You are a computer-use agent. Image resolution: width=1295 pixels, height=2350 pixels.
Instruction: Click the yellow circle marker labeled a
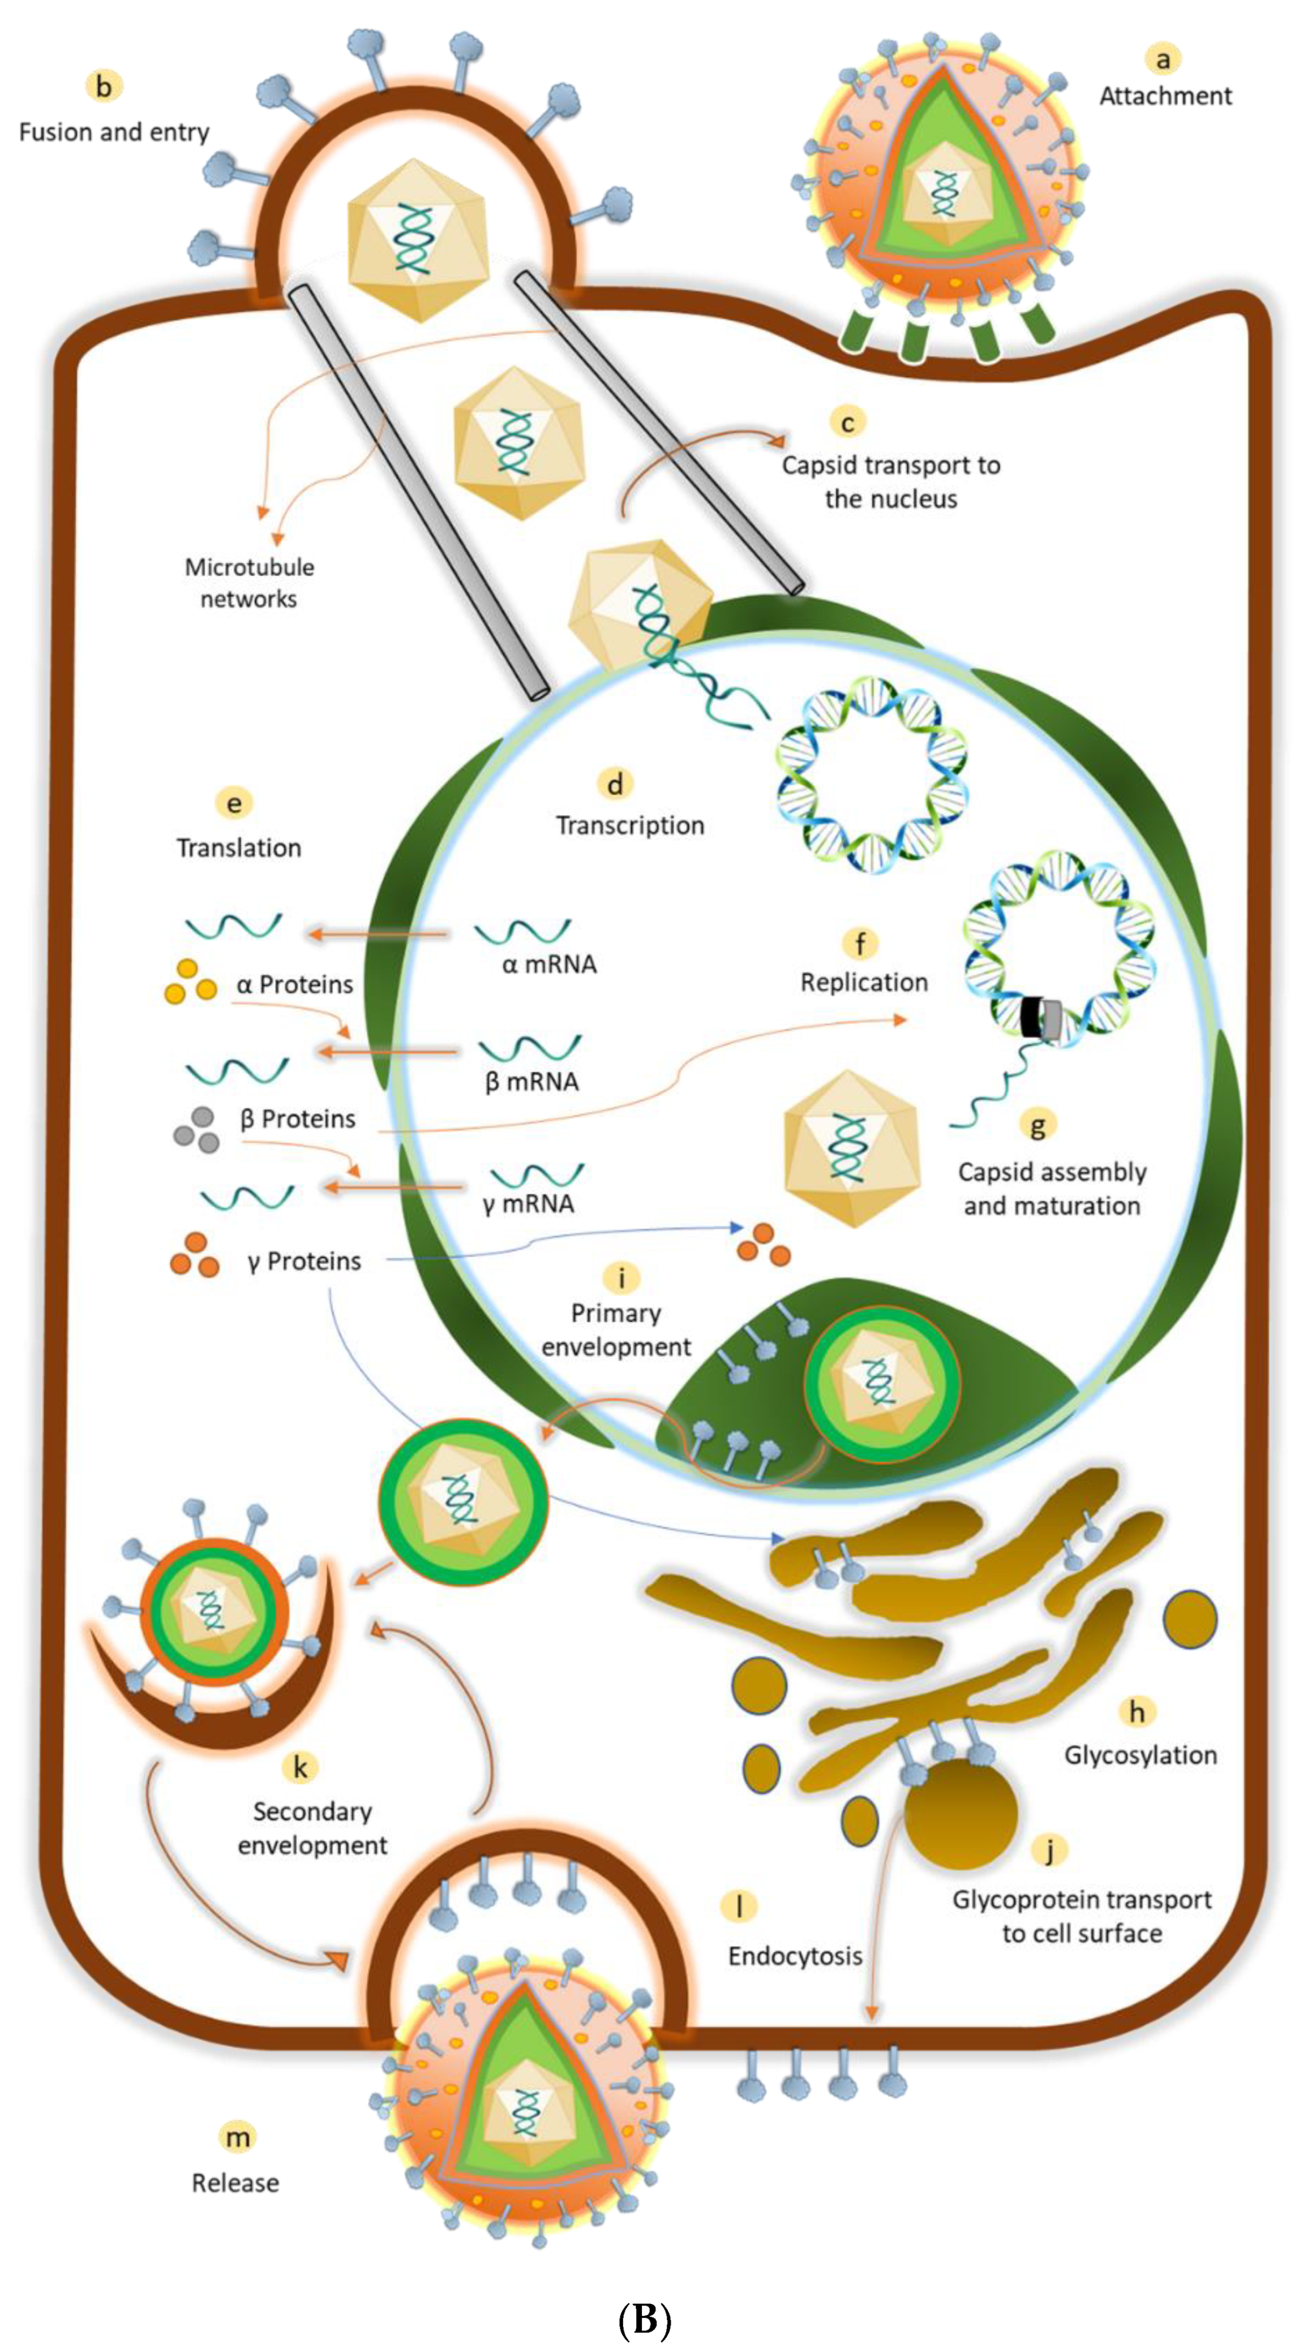point(1162,59)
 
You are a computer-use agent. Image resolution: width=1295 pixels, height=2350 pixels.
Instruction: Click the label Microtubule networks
point(249,583)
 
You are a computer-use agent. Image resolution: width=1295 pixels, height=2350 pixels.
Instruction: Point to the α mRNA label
point(548,964)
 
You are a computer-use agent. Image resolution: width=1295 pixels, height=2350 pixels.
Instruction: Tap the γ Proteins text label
point(304,1261)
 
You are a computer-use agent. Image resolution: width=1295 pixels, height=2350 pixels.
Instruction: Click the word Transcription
point(630,825)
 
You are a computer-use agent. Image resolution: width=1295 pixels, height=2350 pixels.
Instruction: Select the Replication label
point(863,983)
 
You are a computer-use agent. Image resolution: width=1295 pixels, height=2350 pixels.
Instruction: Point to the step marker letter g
point(1037,1125)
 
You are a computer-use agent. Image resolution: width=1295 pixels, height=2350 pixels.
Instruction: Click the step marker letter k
point(300,1768)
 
